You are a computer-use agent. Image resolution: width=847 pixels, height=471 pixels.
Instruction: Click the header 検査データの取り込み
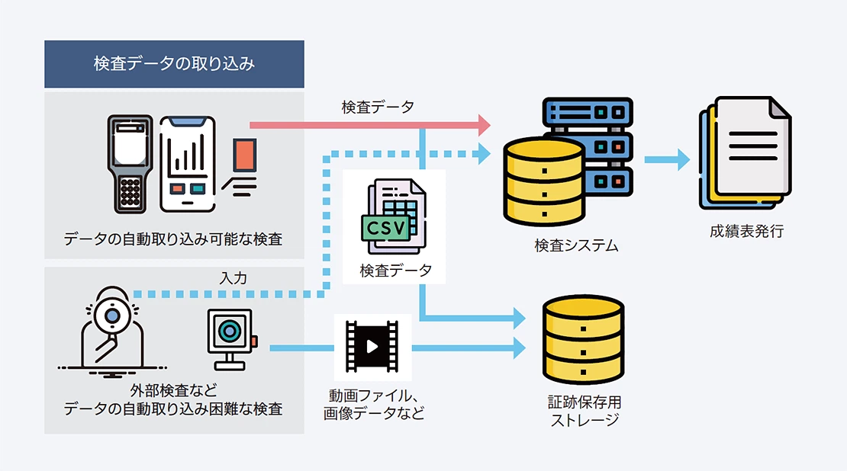coord(174,64)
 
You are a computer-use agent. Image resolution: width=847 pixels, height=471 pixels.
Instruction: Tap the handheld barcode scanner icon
coord(130,163)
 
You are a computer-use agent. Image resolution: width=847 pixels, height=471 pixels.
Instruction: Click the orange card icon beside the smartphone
coord(245,155)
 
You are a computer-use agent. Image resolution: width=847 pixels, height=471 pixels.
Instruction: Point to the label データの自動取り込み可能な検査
coord(173,239)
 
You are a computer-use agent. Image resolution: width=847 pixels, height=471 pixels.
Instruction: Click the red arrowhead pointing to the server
coord(482,123)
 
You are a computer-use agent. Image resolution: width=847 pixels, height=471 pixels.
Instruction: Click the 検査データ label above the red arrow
coord(378,107)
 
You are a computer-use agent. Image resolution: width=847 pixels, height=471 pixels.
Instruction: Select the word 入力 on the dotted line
coord(233,279)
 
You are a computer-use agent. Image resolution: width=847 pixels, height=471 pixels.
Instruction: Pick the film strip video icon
coord(372,347)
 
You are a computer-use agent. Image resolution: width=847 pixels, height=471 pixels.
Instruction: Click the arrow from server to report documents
coord(667,160)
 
